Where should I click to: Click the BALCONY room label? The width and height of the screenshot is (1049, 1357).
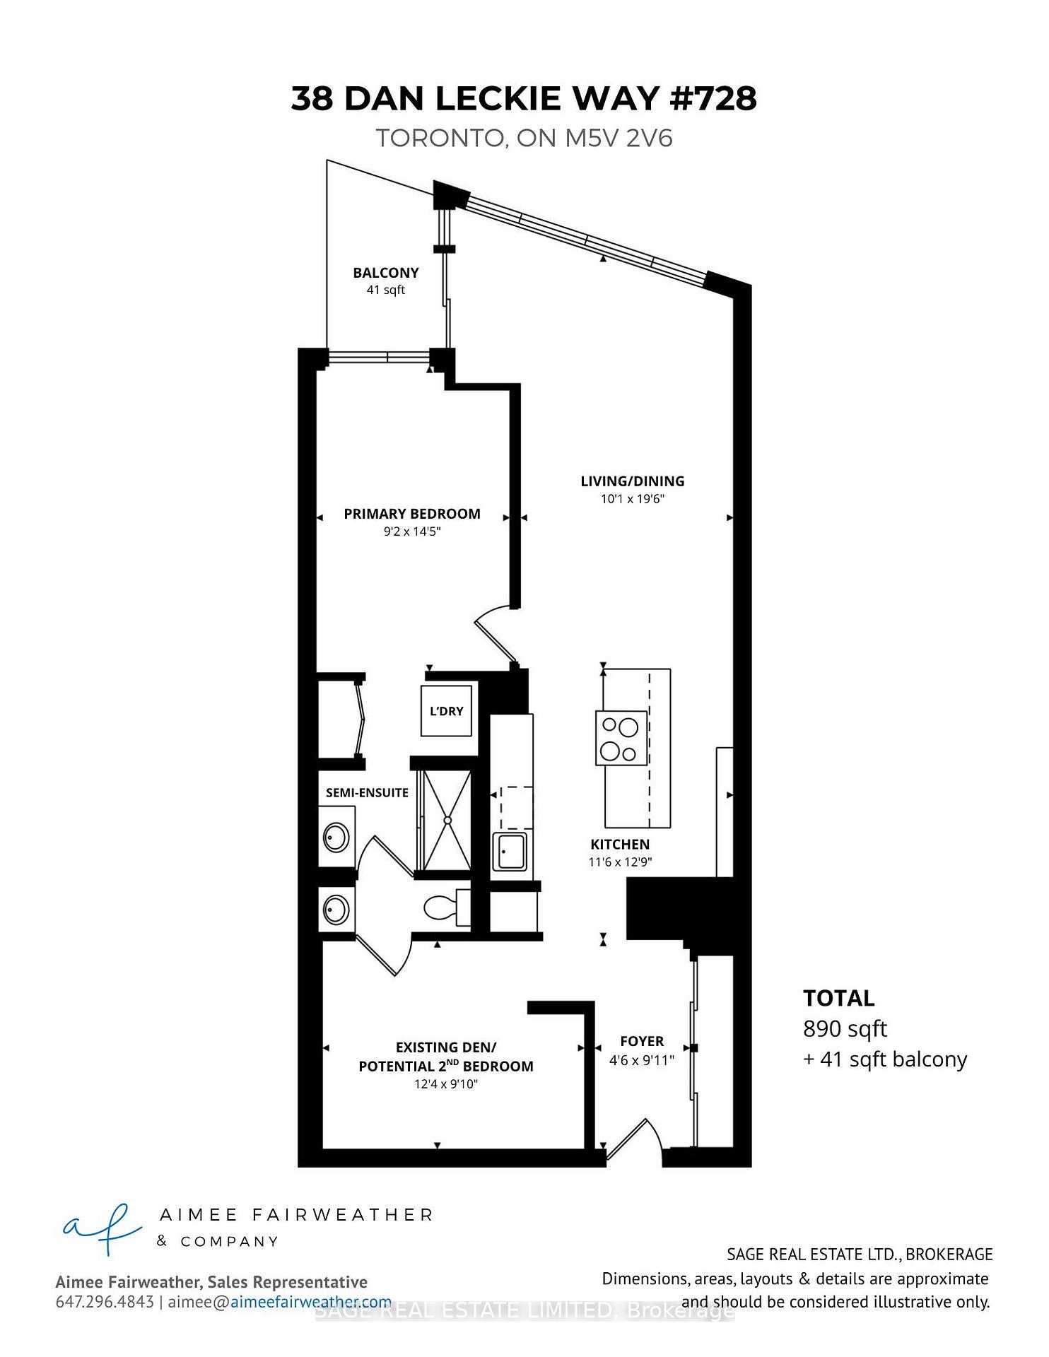point(385,273)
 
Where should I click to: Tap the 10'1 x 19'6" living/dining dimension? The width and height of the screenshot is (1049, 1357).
point(632,499)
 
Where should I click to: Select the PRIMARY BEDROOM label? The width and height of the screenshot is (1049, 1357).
point(411,514)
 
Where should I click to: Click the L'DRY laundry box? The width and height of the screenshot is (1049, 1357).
point(446,711)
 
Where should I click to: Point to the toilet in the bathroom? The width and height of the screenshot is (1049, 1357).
point(445,907)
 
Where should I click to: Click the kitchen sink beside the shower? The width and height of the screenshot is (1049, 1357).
point(510,852)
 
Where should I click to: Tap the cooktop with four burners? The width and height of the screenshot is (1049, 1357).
point(621,738)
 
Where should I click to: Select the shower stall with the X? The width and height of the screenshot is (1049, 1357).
point(446,820)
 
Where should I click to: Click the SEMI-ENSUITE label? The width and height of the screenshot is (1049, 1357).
point(367,793)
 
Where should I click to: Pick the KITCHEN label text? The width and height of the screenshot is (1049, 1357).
point(620,845)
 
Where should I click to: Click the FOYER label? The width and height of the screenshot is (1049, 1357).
point(642,1041)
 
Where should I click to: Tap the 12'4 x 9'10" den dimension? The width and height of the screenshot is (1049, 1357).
point(446,1084)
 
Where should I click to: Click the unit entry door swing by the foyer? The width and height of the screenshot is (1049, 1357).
point(634,1139)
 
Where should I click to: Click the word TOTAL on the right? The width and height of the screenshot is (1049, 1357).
point(838,998)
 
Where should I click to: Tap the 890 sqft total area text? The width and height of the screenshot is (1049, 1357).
point(845,1029)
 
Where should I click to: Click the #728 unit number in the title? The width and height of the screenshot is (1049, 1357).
point(713,99)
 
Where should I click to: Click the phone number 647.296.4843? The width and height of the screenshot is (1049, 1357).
point(105,1302)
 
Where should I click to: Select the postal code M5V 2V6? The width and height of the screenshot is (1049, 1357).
point(619,138)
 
